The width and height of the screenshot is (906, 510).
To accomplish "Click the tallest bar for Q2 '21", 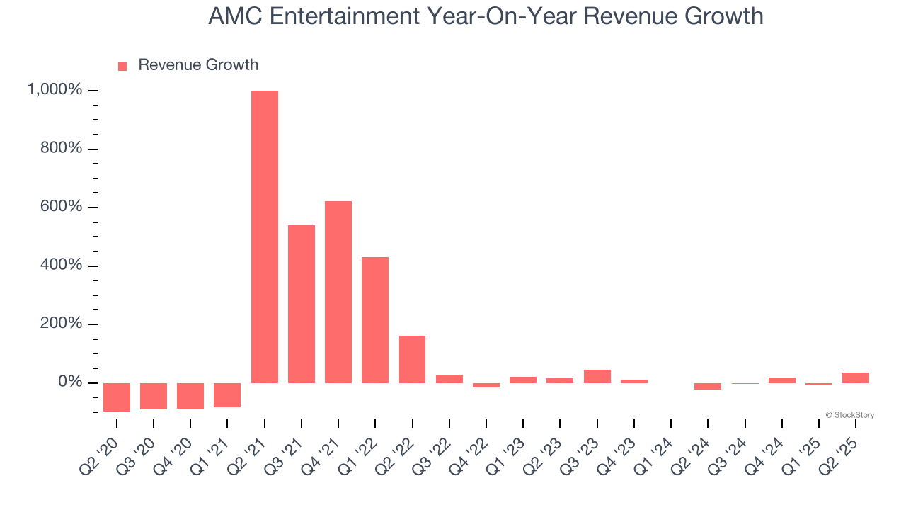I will pyautogui.click(x=265, y=237).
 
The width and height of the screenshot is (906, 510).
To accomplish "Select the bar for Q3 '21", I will pyautogui.click(x=302, y=304).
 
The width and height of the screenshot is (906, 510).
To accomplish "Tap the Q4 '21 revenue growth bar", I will pyautogui.click(x=338, y=292).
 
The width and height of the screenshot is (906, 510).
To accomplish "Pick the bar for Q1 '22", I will pyautogui.click(x=375, y=319).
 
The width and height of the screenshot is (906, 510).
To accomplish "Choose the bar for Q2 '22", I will pyautogui.click(x=412, y=359).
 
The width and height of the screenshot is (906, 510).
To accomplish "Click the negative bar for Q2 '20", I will pyautogui.click(x=117, y=397).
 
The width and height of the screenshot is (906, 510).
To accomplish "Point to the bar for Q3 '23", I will pyautogui.click(x=597, y=376).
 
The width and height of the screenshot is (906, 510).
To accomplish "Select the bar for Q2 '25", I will pyautogui.click(x=855, y=378).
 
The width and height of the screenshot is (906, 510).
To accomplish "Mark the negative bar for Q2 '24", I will pyautogui.click(x=708, y=386).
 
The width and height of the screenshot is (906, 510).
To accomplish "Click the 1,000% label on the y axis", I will pyautogui.click(x=55, y=90).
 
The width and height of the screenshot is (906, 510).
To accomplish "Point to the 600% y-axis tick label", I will pyautogui.click(x=60, y=207).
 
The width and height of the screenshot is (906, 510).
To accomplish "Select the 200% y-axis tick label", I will pyautogui.click(x=60, y=324).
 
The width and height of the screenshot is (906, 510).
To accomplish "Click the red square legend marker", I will pyautogui.click(x=122, y=66).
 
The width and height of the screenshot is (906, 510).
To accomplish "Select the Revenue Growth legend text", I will pyautogui.click(x=198, y=65).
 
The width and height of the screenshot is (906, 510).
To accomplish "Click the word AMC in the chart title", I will pyautogui.click(x=236, y=16).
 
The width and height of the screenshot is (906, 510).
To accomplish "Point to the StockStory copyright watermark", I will pyautogui.click(x=849, y=415).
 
